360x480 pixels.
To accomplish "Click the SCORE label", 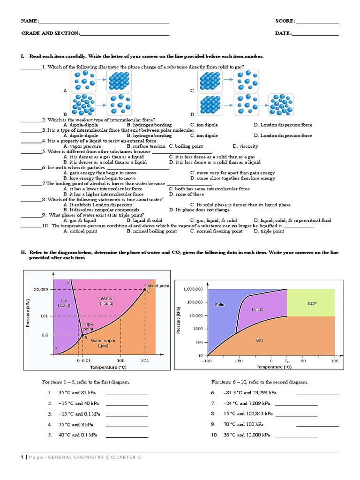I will pyautogui.click(x=285, y=21).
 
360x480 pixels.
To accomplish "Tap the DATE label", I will pyautogui.click(x=283, y=33).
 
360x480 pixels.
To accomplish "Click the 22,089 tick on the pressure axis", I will pyautogui.click(x=41, y=289).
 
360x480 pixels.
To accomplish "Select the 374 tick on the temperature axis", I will pyautogui.click(x=144, y=360).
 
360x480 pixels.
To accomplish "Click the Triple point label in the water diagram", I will pyautogui.click(x=88, y=327).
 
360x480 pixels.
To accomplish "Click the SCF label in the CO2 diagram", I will pyautogui.click(x=312, y=303).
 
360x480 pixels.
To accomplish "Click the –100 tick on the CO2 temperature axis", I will pyautogui.click(x=206, y=361).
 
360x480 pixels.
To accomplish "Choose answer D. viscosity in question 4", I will pyautogui.click(x=245, y=146).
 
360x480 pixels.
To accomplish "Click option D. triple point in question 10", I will pyautogui.click(x=269, y=231).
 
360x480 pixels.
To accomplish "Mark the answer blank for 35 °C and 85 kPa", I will pyautogui.click(x=127, y=393).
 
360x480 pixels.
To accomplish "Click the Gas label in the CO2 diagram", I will pyautogui.click(x=259, y=340).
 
